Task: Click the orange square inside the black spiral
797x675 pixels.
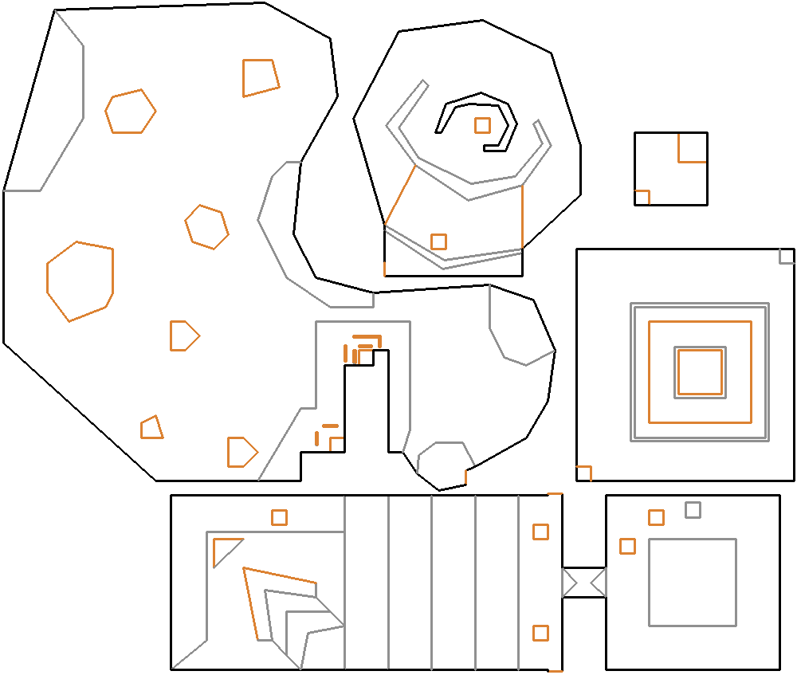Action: tap(482, 125)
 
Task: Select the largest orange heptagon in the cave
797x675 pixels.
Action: tap(80, 281)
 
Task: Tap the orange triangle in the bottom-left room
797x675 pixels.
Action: tap(225, 550)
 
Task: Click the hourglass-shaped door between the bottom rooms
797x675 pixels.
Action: tap(583, 582)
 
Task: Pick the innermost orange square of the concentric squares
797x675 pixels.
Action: tap(700, 371)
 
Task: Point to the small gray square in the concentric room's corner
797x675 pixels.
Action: tap(787, 257)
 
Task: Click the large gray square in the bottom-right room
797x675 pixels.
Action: tap(692, 582)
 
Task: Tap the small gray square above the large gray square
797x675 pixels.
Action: tap(693, 509)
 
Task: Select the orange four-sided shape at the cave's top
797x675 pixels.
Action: tap(260, 77)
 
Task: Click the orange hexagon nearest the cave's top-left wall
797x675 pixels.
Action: tap(130, 112)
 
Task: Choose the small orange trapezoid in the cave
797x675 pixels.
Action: tap(151, 428)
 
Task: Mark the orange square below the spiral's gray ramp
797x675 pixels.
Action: tap(438, 241)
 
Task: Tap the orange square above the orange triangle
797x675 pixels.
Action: tap(279, 517)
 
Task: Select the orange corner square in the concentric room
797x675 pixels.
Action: tap(584, 473)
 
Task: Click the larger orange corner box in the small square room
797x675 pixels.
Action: tap(692, 147)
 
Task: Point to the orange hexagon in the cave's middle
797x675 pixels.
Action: tap(206, 227)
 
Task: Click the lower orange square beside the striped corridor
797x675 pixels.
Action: tap(540, 633)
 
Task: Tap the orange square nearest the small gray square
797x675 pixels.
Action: tap(656, 517)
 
